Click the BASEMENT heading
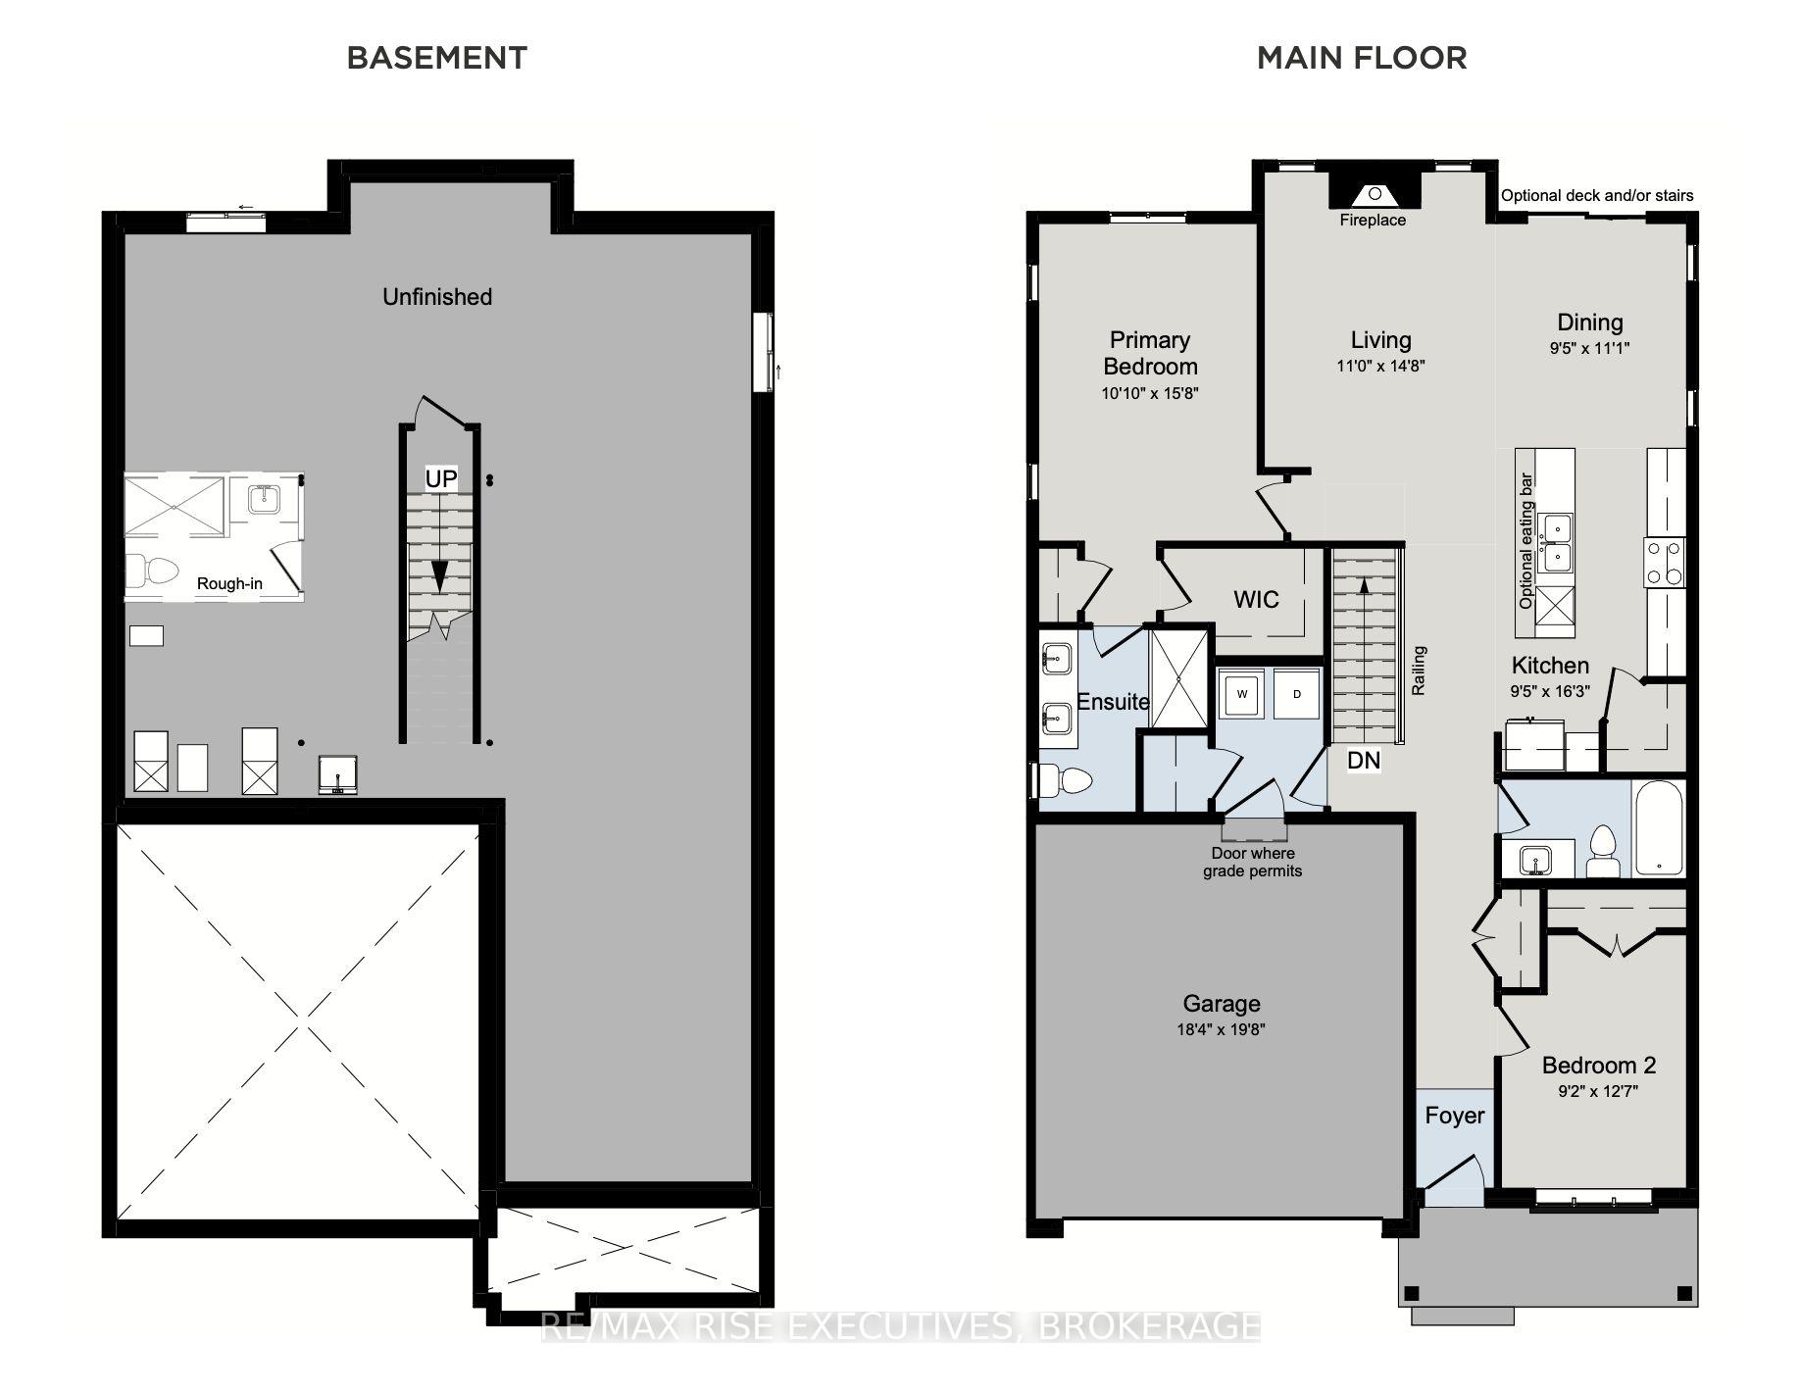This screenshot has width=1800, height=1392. click(x=437, y=58)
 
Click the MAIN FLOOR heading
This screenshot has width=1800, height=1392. click(x=1362, y=58)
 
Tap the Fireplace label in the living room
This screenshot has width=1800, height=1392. click(x=1373, y=221)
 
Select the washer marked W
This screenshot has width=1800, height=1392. click(x=1242, y=694)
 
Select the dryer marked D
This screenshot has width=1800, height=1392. click(x=1297, y=694)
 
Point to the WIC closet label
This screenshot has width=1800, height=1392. click(x=1256, y=599)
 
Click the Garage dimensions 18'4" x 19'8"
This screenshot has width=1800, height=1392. click(x=1221, y=1029)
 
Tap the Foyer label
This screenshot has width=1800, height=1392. click(x=1454, y=1116)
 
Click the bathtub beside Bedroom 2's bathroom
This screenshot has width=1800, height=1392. click(x=1659, y=828)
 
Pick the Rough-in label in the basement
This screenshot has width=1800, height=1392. click(x=229, y=584)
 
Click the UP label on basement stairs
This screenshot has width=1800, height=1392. click(x=441, y=478)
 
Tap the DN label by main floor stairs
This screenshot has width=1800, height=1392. click(x=1364, y=760)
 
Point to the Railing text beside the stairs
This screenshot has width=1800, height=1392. click(x=1419, y=671)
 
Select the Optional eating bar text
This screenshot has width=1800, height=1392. click(x=1525, y=541)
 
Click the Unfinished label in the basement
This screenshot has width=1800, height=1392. click(x=437, y=297)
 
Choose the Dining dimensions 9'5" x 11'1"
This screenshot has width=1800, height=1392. click(x=1589, y=348)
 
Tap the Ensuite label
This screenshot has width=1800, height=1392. click(x=1113, y=702)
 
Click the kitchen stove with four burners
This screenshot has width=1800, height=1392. click(x=1664, y=564)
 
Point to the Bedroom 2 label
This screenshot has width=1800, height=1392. click(x=1599, y=1066)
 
